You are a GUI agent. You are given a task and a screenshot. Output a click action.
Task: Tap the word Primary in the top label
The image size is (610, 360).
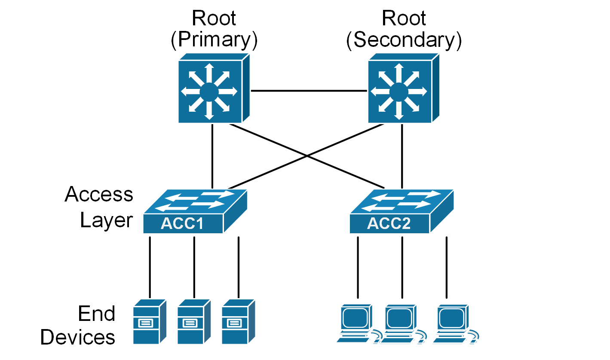(214, 40)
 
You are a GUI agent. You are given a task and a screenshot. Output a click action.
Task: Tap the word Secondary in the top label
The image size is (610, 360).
(404, 40)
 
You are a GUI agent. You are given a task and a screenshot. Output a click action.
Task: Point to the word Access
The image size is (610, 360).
(99, 195)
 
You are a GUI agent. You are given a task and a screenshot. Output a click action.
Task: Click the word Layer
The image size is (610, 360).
(106, 220)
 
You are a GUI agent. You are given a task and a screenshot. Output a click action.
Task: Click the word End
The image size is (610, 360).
(97, 314)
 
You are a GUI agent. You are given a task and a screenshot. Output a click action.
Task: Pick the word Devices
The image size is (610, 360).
(78, 337)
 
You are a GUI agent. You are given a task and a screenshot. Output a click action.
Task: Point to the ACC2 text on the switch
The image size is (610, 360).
(389, 224)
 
